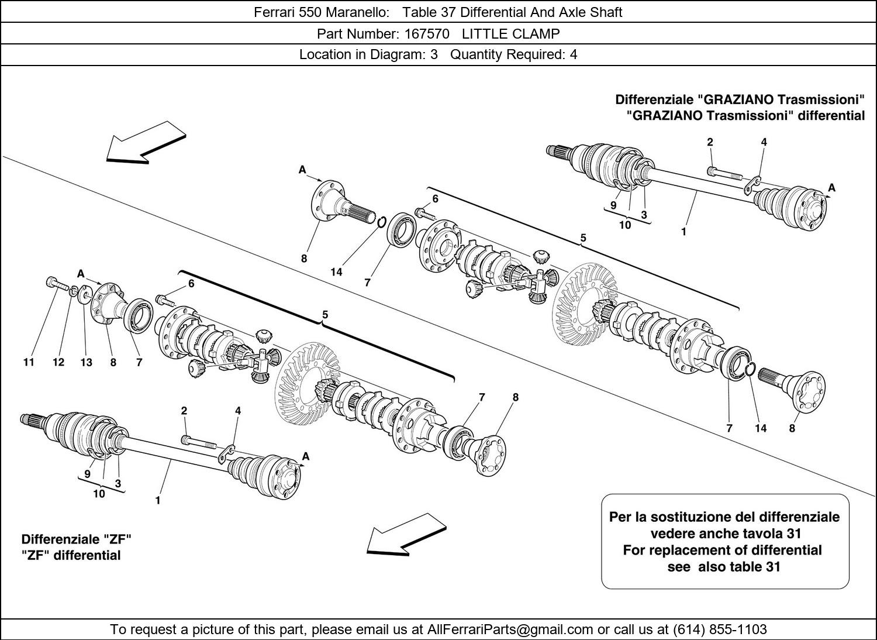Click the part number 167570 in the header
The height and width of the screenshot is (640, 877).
click(x=427, y=33)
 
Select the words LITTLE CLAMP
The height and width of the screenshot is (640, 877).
click(x=510, y=33)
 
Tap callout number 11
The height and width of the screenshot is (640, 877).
click(x=29, y=362)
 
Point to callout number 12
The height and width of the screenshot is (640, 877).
click(x=58, y=362)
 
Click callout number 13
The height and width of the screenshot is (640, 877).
click(x=86, y=362)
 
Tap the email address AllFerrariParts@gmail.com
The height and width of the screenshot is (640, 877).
click(x=510, y=629)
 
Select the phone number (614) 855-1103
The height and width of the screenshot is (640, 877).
click(x=720, y=629)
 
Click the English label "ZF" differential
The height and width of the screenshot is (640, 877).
click(x=71, y=555)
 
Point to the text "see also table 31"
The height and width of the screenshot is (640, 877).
click(x=724, y=566)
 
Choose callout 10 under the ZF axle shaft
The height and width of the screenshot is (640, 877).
click(x=99, y=494)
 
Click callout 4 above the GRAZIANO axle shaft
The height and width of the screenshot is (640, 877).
click(x=764, y=142)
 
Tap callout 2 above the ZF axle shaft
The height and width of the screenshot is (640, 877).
click(x=184, y=411)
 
